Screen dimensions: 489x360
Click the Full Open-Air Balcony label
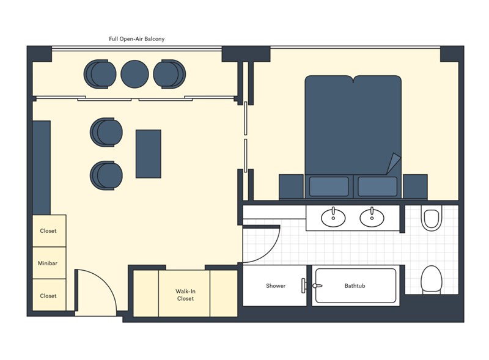tap(136, 39)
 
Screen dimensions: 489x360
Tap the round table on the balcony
tap(134, 74)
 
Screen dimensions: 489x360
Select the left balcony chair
tap(100, 74)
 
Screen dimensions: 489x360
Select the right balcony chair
tap(170, 74)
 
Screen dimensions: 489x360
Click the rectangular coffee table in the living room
tap(149, 154)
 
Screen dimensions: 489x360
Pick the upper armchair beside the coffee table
tap(106, 132)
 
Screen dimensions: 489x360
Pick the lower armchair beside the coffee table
tap(106, 175)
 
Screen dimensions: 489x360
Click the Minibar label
tap(48, 263)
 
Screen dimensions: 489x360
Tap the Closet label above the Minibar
tap(48, 231)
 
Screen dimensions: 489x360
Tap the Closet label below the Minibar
tap(48, 296)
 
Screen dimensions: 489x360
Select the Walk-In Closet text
tap(186, 295)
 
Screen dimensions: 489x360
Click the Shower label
tap(276, 286)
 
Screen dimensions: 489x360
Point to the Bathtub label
tap(355, 286)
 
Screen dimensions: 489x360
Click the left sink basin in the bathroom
tap(333, 218)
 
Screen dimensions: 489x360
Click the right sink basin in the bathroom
tap(372, 218)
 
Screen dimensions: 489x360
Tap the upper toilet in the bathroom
tap(432, 218)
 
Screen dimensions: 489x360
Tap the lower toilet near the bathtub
tap(432, 280)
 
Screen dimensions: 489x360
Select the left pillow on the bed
tap(329, 186)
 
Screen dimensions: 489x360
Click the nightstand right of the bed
tap(416, 186)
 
